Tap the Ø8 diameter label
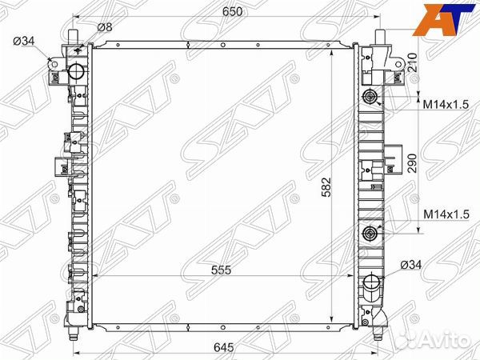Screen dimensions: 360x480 pyautogui.click(x=104, y=28)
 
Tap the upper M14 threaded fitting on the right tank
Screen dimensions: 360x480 pyautogui.click(x=370, y=99)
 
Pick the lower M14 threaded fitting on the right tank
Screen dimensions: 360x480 pyautogui.click(x=370, y=234)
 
